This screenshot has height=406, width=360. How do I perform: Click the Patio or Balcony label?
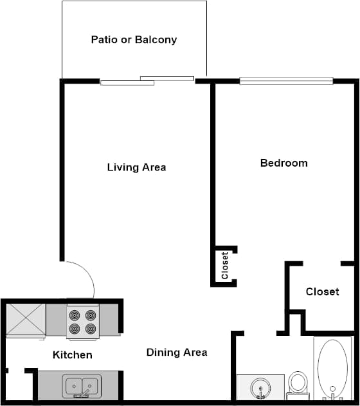134,40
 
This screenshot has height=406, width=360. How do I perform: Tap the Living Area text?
136,167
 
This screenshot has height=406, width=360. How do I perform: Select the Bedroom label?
283,163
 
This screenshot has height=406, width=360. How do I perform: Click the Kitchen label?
72,355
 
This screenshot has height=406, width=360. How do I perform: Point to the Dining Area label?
177,352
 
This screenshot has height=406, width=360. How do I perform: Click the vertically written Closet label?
225,265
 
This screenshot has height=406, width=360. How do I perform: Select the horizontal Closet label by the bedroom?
322,291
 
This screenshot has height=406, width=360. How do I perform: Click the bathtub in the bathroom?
333,367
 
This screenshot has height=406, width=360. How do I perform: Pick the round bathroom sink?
261,388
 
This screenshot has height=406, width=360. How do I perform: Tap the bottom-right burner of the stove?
91,328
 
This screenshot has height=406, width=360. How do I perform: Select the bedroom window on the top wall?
286,81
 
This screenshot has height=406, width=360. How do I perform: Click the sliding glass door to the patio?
147,80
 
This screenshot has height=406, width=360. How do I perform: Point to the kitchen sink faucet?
82,394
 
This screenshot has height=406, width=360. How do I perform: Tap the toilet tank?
298,394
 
